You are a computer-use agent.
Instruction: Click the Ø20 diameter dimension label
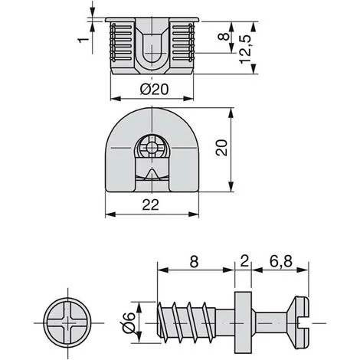click(155, 90)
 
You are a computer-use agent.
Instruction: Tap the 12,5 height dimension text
click(245, 49)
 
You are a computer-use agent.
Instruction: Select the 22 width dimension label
click(151, 205)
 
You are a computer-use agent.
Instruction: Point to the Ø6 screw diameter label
click(128, 322)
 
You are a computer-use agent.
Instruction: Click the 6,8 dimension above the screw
click(281, 261)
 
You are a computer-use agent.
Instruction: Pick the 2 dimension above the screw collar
click(244, 261)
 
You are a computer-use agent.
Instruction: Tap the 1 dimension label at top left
click(83, 40)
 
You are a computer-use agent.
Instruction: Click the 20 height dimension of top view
click(221, 148)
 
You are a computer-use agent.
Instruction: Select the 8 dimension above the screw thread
click(195, 262)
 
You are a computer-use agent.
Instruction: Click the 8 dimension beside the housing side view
click(224, 36)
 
